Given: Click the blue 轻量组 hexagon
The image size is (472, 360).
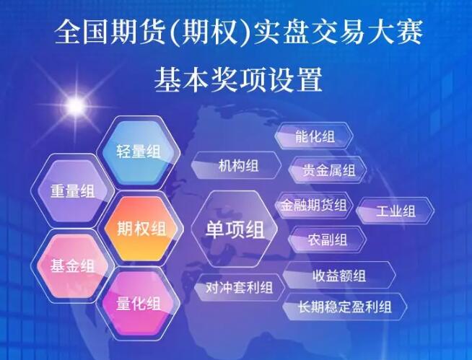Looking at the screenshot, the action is [x=139, y=152].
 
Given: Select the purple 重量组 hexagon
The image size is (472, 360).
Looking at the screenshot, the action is [x=73, y=191].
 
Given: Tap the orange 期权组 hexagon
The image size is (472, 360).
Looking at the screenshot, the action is [x=141, y=229].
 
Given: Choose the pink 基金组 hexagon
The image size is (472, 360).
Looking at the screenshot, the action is [x=73, y=266].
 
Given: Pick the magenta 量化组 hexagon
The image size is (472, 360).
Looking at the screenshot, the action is [x=139, y=304].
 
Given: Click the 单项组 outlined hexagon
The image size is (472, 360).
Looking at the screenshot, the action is [x=235, y=229].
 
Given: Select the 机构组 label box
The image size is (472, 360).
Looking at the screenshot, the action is [x=236, y=165].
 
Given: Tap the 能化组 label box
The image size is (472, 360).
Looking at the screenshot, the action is [x=314, y=136].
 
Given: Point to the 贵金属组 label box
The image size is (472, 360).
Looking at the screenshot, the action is [x=328, y=170].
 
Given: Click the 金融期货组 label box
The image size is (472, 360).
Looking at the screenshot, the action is [x=314, y=206].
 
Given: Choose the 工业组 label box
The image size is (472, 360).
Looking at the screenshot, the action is [x=395, y=211].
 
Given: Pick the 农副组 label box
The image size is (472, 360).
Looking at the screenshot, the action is [x=327, y=240].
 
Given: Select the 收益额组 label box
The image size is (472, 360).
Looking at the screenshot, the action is [x=339, y=275].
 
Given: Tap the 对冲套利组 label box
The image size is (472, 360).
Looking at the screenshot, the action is [x=240, y=288].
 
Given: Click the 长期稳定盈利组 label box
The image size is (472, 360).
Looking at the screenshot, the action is [x=345, y=307].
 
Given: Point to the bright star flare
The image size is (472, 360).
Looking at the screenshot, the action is [x=76, y=105].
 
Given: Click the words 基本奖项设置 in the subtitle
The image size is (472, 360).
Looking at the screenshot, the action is [x=238, y=79].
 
